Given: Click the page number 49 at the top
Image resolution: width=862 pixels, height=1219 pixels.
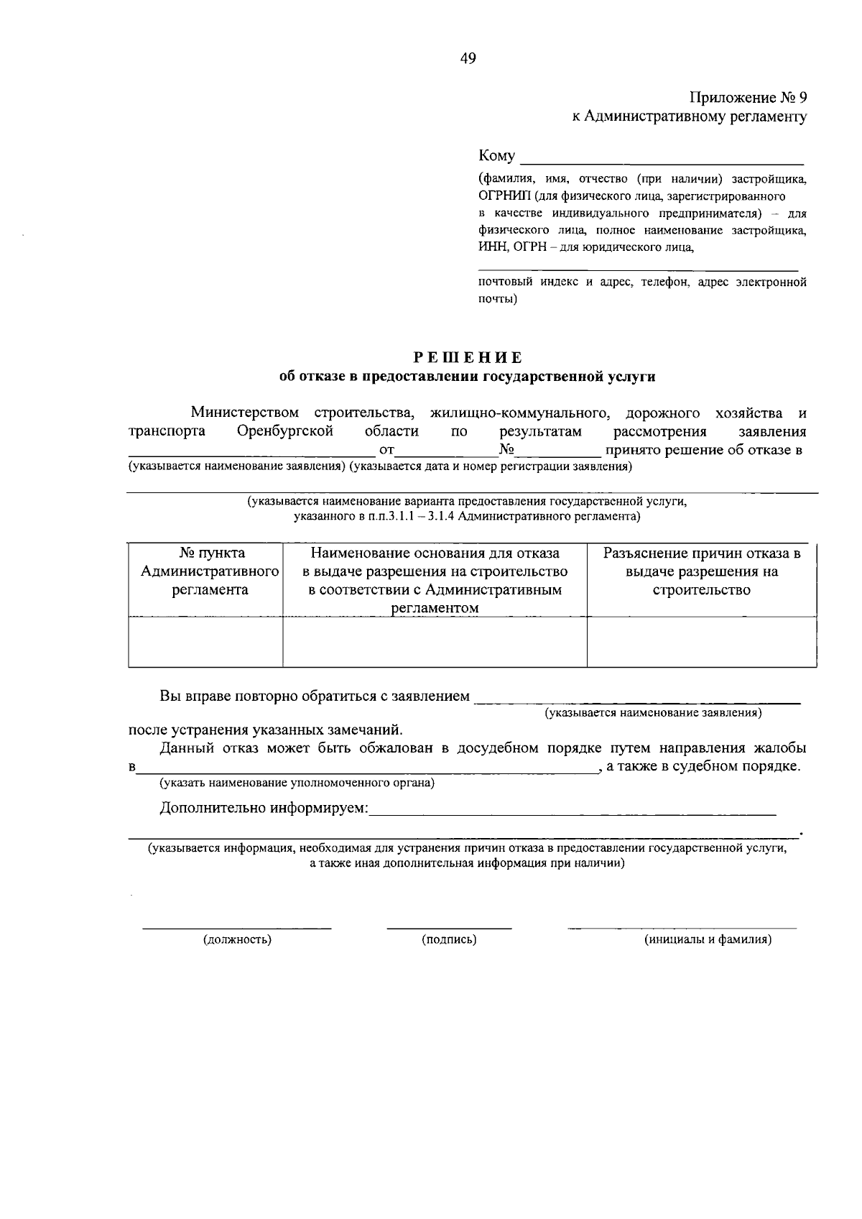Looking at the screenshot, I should [468, 59].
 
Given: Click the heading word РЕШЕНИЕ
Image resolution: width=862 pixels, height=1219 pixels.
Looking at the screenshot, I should [467, 357].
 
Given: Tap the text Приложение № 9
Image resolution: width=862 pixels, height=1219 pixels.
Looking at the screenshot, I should [748, 98].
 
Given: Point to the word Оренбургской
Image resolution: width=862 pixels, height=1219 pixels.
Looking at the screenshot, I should [285, 431].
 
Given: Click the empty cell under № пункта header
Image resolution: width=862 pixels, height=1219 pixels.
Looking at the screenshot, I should [205, 642].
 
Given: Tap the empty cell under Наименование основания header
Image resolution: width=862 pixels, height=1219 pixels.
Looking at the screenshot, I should [435, 642].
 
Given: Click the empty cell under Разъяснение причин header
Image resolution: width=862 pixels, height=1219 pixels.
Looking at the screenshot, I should [701, 642].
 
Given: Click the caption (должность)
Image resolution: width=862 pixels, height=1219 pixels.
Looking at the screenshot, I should [237, 939].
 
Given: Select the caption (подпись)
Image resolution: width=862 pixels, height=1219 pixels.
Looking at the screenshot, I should [449, 939].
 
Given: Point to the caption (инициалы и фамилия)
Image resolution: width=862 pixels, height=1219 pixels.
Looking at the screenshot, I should [708, 939].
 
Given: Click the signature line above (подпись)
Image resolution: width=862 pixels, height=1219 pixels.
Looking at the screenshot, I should [449, 926].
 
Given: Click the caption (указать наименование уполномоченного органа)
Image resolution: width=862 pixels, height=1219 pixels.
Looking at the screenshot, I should [297, 782].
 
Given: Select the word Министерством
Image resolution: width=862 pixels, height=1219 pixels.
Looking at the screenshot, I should [244, 413].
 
